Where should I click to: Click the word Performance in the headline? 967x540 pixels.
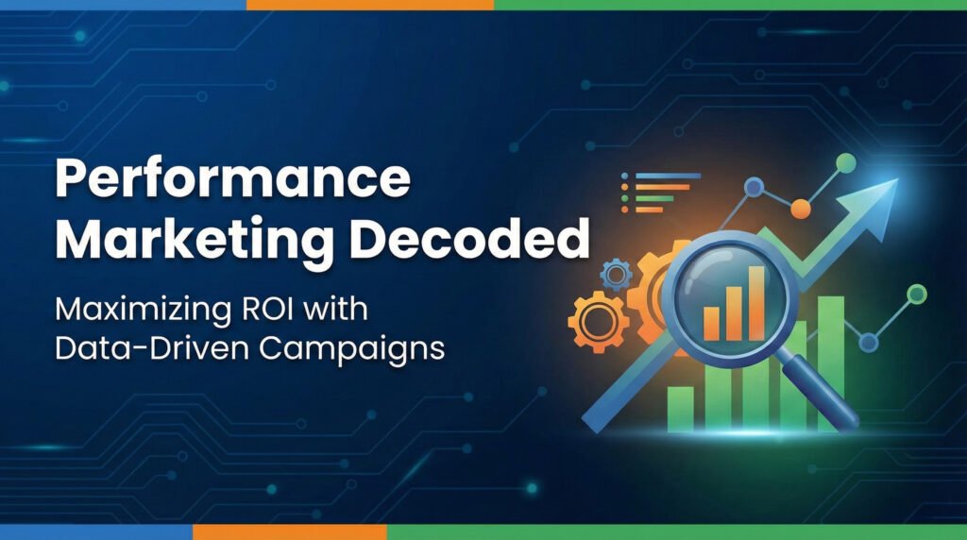click(x=235, y=179)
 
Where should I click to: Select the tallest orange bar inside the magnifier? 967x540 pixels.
click(x=755, y=301)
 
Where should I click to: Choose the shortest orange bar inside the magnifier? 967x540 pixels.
click(x=711, y=324)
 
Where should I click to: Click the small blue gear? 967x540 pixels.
click(x=617, y=275)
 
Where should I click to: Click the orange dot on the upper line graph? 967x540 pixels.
click(x=801, y=209)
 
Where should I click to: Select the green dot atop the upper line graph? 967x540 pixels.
click(x=846, y=162)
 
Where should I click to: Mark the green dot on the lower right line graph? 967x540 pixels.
click(x=915, y=295)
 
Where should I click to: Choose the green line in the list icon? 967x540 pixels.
click(x=655, y=198)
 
